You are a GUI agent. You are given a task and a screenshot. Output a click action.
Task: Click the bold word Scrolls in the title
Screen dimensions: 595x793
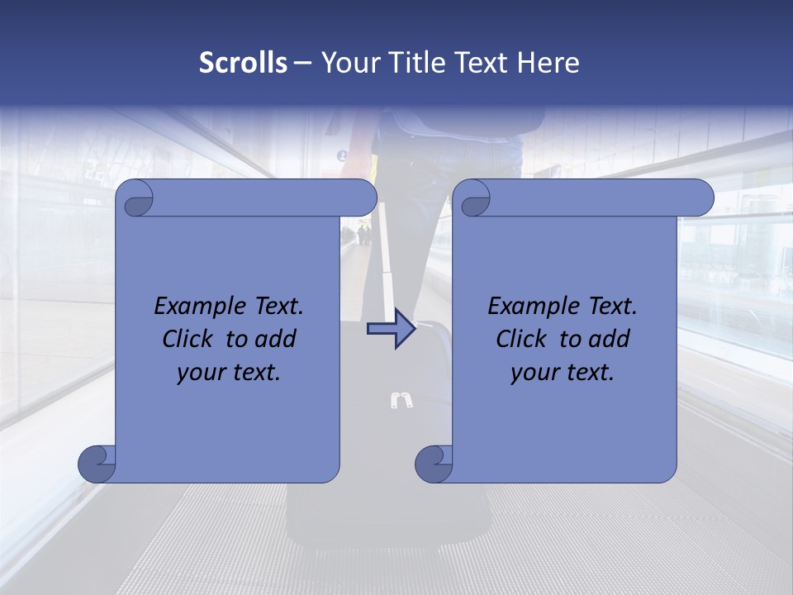[x=244, y=63]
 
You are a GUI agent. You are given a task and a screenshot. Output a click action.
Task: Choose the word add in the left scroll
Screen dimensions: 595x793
[x=276, y=340]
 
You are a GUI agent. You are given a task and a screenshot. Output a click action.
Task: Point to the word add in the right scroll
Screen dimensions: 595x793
[x=610, y=340]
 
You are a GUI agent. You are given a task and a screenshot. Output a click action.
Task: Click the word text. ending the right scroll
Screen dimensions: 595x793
[x=588, y=373]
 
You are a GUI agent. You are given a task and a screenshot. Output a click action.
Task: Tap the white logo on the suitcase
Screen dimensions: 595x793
[x=401, y=401]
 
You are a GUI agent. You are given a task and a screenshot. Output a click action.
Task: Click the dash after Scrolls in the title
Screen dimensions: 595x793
[x=302, y=63]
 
